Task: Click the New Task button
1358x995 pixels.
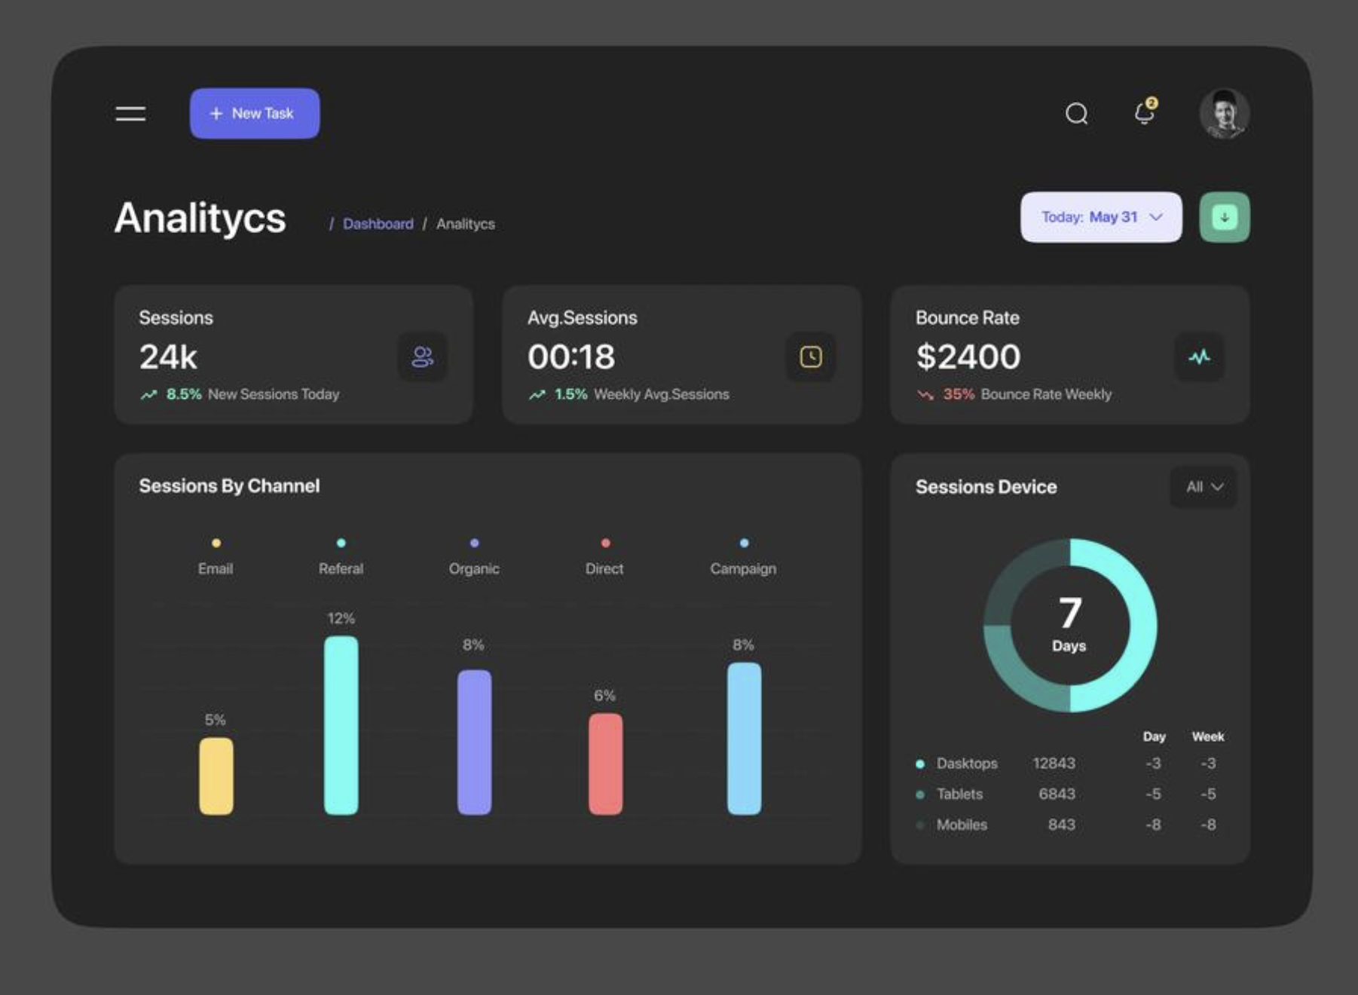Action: [255, 113]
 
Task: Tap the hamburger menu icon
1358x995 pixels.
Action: [130, 114]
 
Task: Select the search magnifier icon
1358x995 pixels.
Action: [1076, 114]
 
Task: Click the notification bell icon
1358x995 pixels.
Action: [1145, 113]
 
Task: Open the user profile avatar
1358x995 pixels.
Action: [1224, 114]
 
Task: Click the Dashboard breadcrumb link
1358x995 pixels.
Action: [378, 224]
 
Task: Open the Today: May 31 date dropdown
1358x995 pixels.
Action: [1101, 217]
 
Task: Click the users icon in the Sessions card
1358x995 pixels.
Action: [422, 357]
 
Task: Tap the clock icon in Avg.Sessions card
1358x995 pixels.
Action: [811, 357]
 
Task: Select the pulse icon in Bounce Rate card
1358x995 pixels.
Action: [1199, 357]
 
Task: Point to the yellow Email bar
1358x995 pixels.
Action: [216, 776]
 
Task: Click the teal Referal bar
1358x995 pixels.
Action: [341, 725]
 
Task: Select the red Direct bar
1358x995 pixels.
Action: [605, 764]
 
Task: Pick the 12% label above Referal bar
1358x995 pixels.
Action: [341, 619]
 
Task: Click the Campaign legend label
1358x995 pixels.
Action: [743, 569]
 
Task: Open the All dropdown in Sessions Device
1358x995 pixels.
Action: [1204, 487]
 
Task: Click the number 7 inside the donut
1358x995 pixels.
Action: [1070, 613]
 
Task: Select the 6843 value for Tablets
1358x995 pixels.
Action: [1057, 794]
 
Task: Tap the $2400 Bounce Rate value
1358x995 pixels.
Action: [968, 357]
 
